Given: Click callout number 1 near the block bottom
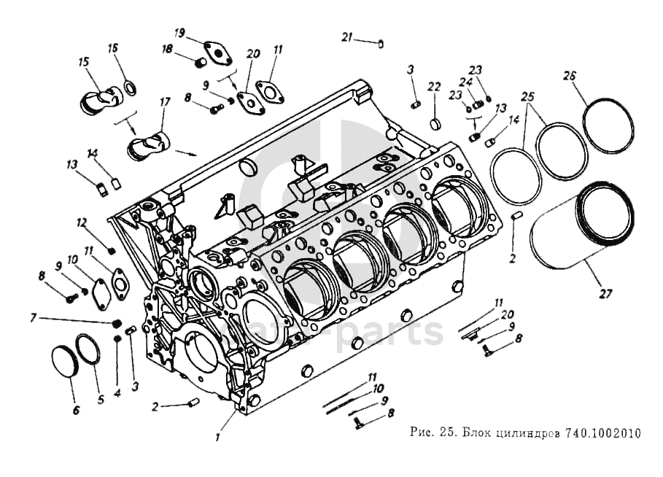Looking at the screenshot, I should point(217,438).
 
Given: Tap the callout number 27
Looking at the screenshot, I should point(605,294).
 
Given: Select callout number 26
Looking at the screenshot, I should point(570,74).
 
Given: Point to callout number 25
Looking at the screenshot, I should point(528,96).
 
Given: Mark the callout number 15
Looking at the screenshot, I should point(83,61).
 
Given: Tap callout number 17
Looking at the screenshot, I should point(165,102).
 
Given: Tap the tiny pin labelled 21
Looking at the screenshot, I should point(381,42).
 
